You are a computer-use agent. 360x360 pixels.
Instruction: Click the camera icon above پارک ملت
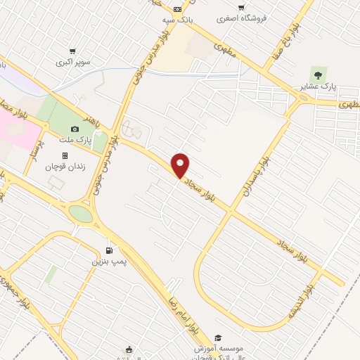point(75,129)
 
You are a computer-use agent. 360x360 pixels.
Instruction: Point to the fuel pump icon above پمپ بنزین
point(109,250)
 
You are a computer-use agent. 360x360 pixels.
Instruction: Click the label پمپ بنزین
point(109,262)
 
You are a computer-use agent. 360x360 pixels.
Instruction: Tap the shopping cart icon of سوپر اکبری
point(73,51)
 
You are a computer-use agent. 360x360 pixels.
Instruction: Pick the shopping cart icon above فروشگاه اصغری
point(241,8)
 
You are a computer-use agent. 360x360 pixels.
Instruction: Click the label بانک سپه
point(177,20)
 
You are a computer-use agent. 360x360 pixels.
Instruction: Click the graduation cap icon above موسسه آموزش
point(217,337)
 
